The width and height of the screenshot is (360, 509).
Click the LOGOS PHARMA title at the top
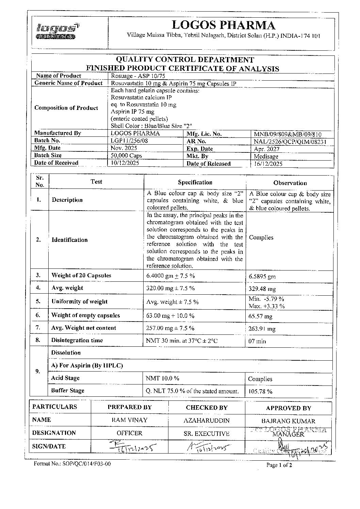pyautogui.click(x=223, y=25)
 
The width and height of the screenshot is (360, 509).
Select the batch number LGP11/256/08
pyautogui.click(x=130, y=141)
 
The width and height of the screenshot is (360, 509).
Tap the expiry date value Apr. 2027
pyautogui.click(x=267, y=149)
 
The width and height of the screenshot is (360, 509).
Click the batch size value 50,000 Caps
pyautogui.click(x=127, y=155)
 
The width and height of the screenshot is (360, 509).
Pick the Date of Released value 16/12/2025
pyautogui.click(x=268, y=164)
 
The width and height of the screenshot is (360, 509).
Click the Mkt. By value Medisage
pyautogui.click(x=266, y=156)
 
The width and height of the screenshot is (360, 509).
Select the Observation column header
pyautogui.click(x=290, y=183)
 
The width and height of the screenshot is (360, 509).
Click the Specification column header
pyautogui.click(x=195, y=182)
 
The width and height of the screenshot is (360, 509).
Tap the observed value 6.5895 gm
pyautogui.click(x=262, y=276)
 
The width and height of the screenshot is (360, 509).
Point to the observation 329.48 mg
pyautogui.click(x=262, y=289)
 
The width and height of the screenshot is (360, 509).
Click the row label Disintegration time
pyautogui.click(x=77, y=340)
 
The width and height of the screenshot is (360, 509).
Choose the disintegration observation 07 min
pyautogui.click(x=257, y=341)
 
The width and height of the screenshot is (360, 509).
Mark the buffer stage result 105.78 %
pyautogui.click(x=260, y=391)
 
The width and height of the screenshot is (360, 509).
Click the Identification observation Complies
pyautogui.click(x=261, y=237)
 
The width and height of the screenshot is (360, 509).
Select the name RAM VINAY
pyautogui.click(x=130, y=420)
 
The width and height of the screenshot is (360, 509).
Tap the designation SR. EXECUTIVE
pyautogui.click(x=207, y=433)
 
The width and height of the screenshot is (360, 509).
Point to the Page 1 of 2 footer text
pyautogui.click(x=279, y=465)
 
